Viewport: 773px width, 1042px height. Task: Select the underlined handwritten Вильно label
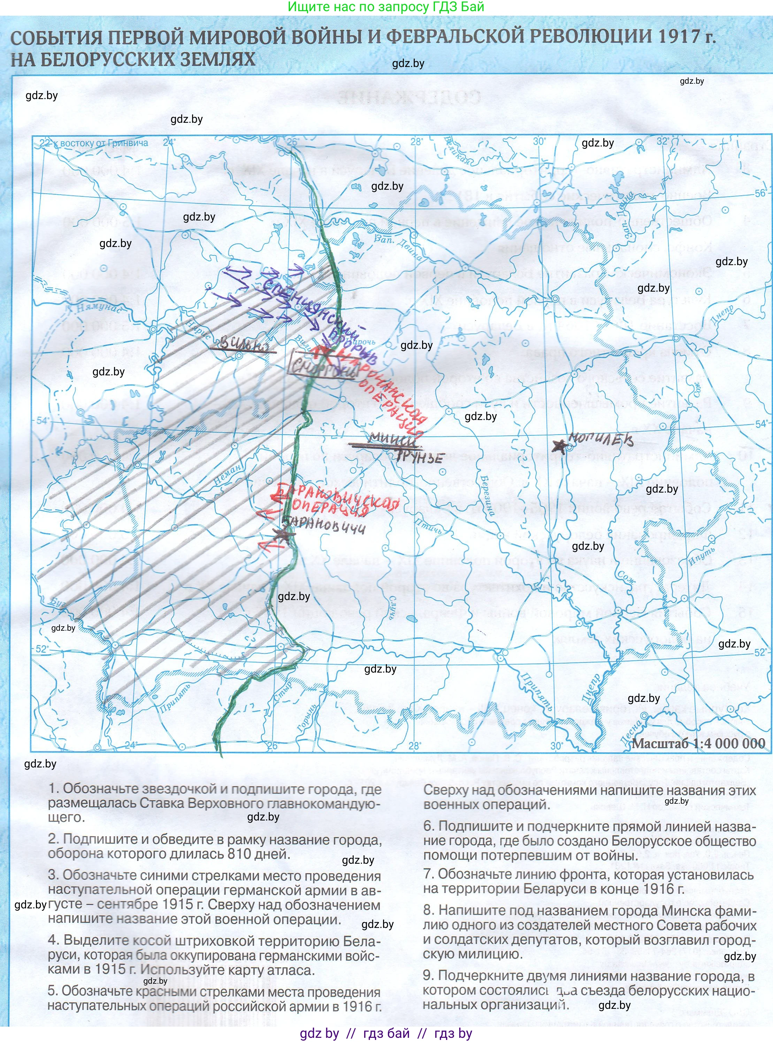pyautogui.click(x=242, y=345)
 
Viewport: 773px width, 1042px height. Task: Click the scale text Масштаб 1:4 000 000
pyautogui.click(x=699, y=743)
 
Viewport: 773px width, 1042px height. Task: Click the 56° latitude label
pyautogui.click(x=761, y=193)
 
